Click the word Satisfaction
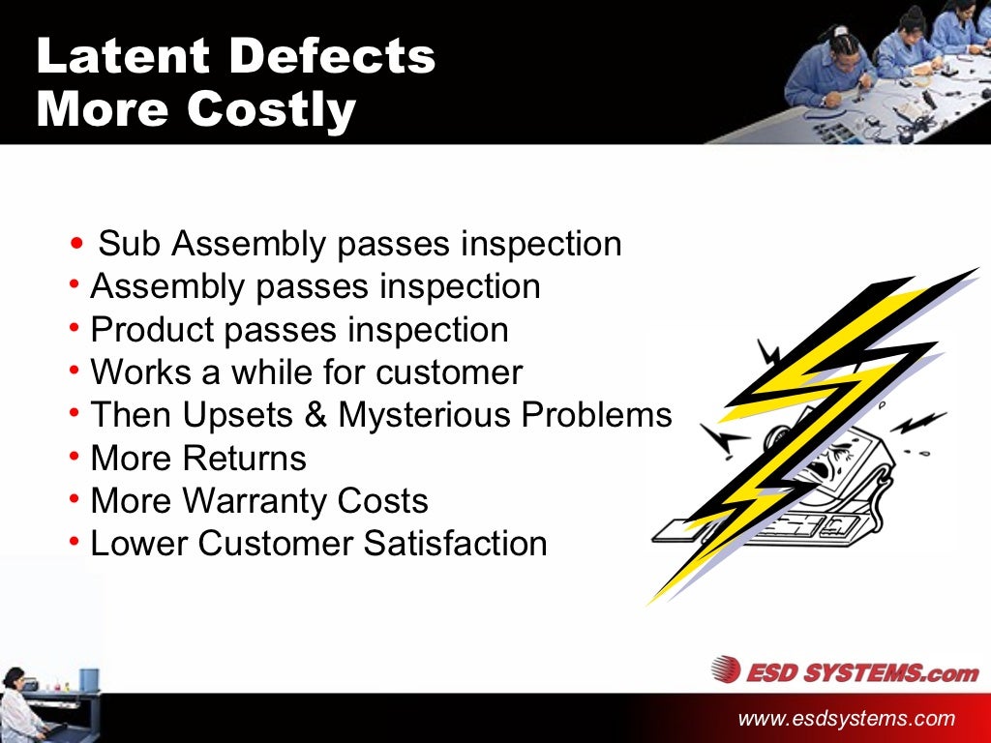455,544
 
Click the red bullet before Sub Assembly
77,244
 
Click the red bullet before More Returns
75,456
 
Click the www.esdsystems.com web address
846,719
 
